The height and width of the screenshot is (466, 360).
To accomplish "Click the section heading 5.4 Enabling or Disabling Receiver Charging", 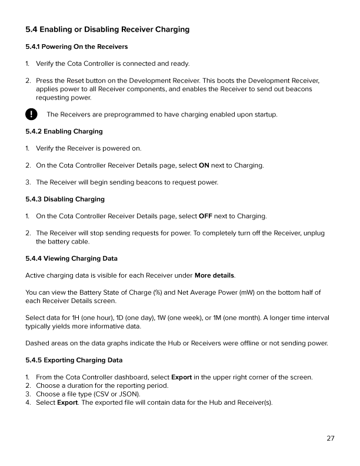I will pos(107,29).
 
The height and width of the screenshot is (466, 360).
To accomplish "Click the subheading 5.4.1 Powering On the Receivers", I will pos(76,46).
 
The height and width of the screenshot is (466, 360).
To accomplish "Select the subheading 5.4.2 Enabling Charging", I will pos(64,131).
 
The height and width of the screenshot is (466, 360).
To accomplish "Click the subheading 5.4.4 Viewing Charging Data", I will pos(71,258).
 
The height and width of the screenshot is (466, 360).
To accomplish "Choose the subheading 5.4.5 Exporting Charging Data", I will pos(74,360).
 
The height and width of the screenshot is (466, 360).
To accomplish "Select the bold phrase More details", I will pos(214,275).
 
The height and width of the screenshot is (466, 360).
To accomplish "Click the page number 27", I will pos(331,438).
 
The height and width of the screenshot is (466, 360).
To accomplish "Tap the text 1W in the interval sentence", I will pos(161,318).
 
